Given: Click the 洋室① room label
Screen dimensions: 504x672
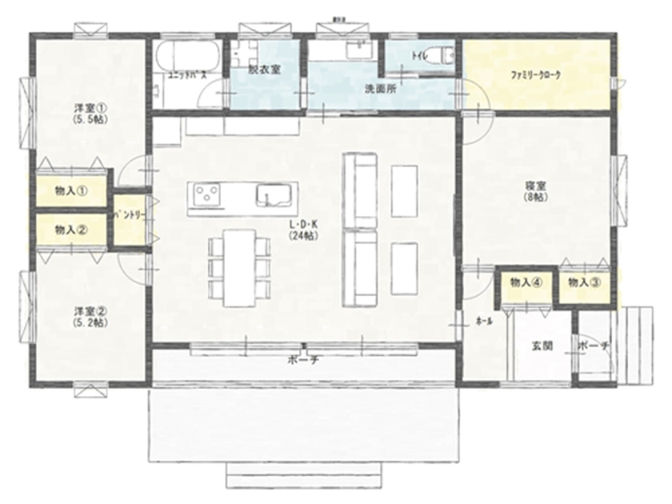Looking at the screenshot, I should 90,111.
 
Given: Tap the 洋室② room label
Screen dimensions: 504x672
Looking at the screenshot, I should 90,316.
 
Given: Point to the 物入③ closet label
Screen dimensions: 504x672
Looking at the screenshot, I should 583,282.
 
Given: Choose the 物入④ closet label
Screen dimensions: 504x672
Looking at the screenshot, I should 526,282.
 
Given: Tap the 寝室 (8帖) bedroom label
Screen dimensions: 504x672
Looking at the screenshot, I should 535,190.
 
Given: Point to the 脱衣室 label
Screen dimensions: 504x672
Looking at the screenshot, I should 263,70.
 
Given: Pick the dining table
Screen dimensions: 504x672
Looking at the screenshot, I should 238,266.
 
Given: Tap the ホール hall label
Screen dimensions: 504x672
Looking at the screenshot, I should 483,320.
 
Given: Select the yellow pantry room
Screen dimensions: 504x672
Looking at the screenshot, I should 128,218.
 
